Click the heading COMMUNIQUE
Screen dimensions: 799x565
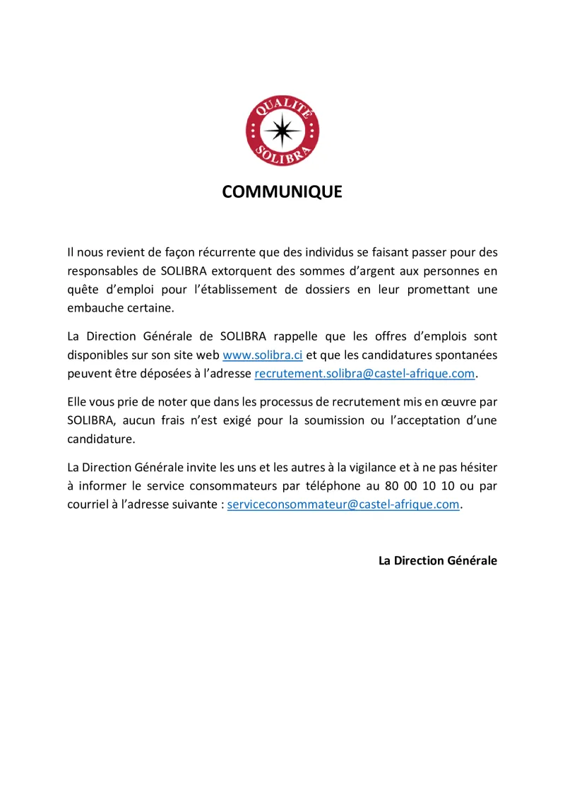282,192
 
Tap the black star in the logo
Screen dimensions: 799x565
282,131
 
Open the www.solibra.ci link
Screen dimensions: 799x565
263,354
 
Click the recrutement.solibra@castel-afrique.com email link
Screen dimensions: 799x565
364,373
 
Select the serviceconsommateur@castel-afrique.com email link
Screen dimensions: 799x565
343,504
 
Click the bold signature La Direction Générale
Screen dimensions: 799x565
438,560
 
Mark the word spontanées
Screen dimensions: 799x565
467,354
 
